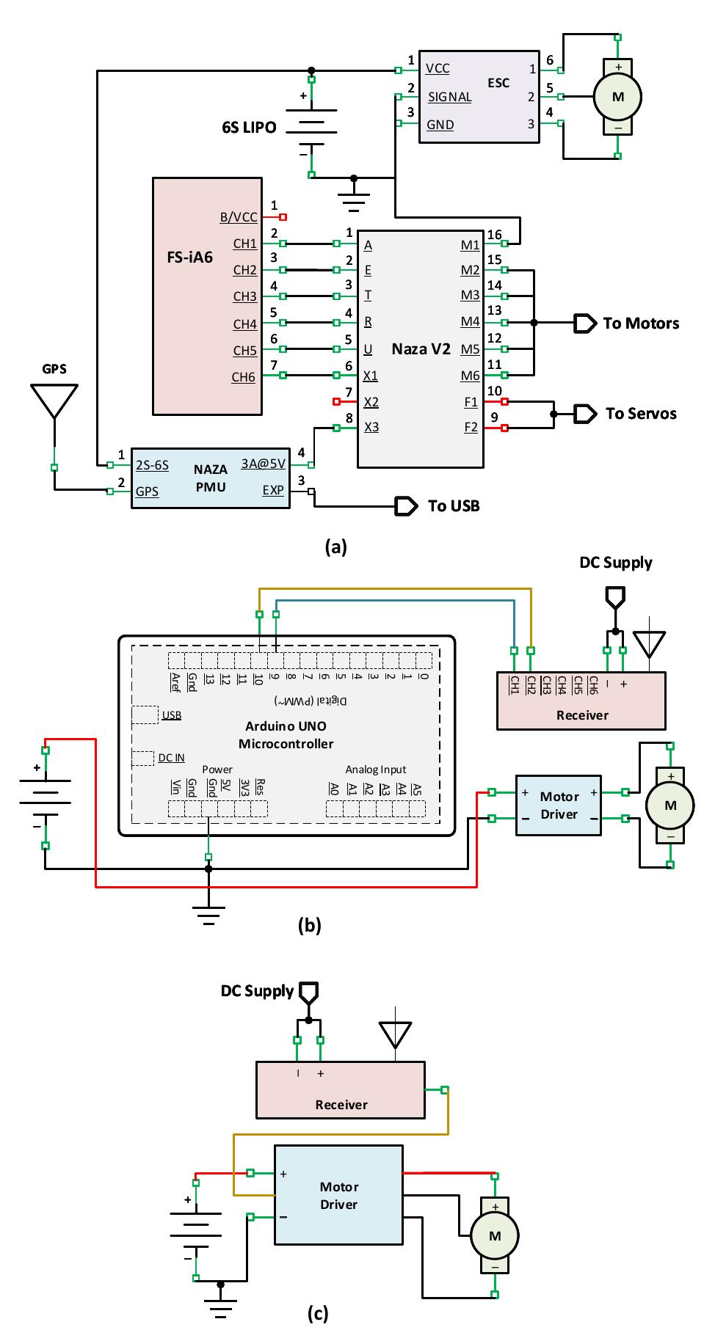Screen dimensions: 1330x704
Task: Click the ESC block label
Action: click(498, 83)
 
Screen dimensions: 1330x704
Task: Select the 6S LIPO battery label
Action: click(249, 128)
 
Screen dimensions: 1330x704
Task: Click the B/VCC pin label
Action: click(239, 217)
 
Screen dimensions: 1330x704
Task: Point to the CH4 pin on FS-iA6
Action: click(245, 324)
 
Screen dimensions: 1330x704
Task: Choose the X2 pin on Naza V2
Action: click(371, 402)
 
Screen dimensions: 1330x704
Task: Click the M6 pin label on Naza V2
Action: click(471, 376)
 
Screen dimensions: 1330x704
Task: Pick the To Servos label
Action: click(641, 414)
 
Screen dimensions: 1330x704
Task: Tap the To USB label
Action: click(454, 506)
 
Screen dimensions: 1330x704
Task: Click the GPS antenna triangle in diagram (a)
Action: click(54, 400)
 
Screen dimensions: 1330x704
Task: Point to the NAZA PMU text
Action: click(211, 478)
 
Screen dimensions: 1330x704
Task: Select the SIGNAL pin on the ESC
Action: click(449, 97)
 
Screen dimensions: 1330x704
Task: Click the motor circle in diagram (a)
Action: click(617, 97)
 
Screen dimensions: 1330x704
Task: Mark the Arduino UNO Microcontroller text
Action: click(286, 735)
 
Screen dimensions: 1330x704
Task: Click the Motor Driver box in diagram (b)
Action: click(559, 805)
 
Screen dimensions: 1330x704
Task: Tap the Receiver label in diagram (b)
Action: click(582, 715)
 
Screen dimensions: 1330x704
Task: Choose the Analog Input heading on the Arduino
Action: click(376, 770)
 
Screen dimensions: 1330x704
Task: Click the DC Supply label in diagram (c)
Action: click(257, 991)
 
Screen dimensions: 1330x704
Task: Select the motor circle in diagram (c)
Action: click(495, 1236)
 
